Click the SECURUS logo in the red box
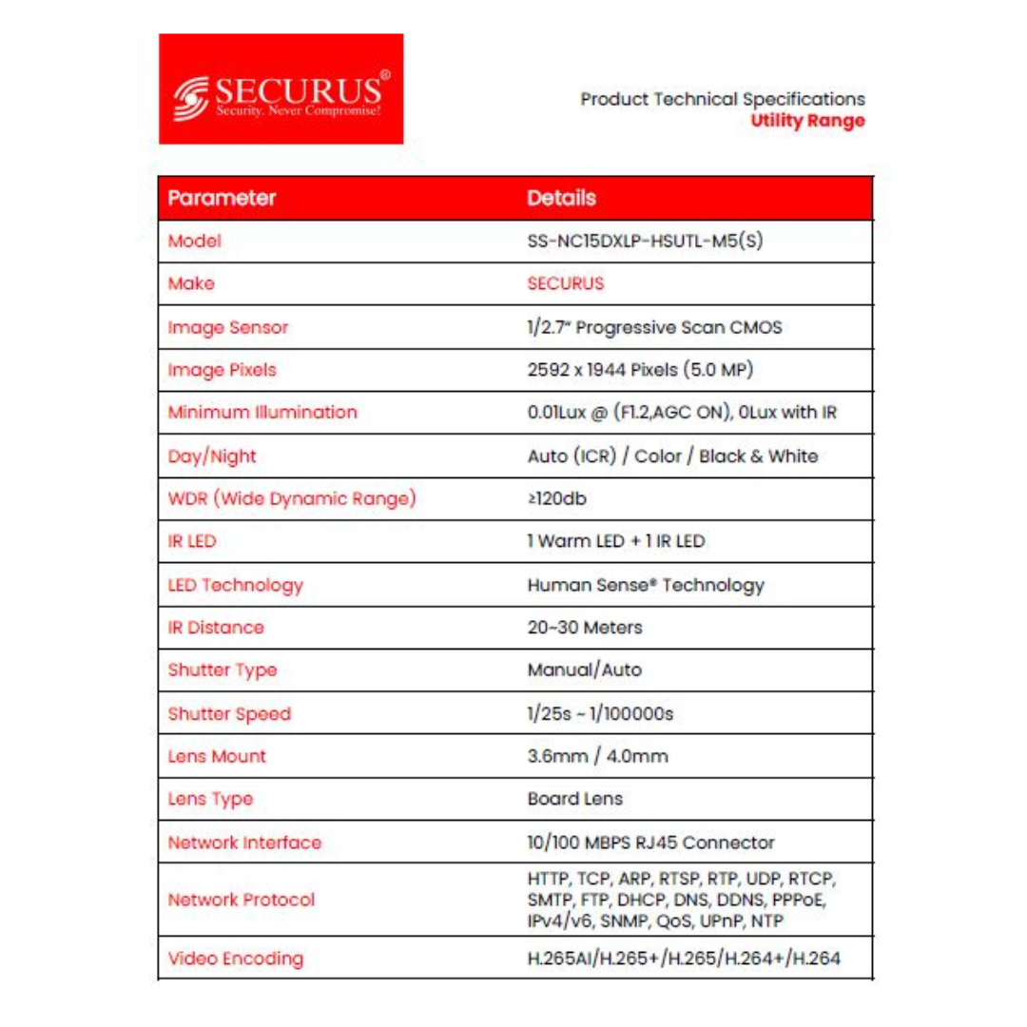click(281, 89)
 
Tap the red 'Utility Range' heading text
click(807, 121)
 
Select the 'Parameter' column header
click(222, 199)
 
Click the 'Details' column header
click(561, 199)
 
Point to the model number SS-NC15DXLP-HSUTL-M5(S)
click(645, 242)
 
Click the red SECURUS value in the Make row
click(565, 283)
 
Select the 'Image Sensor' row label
click(228, 328)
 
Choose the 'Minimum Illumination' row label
click(262, 413)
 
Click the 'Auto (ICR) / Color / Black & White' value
click(672, 455)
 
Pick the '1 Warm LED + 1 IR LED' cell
click(615, 542)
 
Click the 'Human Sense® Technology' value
click(646, 585)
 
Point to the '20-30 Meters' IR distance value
click(585, 628)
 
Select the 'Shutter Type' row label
click(223, 670)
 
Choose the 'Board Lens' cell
click(574, 799)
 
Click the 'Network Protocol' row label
click(241, 899)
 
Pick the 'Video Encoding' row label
click(235, 959)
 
